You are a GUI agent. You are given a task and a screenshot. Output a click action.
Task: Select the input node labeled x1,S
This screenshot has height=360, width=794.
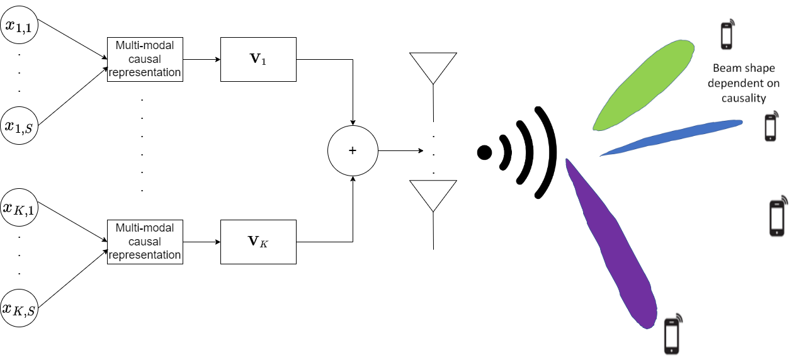[20, 126]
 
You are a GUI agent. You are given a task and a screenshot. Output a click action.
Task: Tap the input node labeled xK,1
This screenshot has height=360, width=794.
[20, 207]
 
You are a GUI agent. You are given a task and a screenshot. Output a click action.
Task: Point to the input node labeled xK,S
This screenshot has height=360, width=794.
[20, 308]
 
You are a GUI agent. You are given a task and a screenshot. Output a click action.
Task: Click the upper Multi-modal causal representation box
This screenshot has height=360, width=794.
[145, 60]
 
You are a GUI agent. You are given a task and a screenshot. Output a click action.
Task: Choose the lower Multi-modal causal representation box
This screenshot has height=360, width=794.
[145, 242]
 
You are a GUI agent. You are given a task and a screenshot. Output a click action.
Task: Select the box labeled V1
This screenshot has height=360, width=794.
[258, 60]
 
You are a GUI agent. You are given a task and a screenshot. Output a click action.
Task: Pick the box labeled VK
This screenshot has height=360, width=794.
[258, 242]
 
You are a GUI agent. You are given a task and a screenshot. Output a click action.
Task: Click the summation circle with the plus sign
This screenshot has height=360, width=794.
[353, 151]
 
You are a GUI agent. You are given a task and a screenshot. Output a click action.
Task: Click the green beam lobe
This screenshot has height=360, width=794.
[642, 85]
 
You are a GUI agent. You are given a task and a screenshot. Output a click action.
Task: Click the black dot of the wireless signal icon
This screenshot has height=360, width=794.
[484, 152]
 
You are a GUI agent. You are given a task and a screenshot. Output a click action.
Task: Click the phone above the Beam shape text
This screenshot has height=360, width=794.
[727, 35]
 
